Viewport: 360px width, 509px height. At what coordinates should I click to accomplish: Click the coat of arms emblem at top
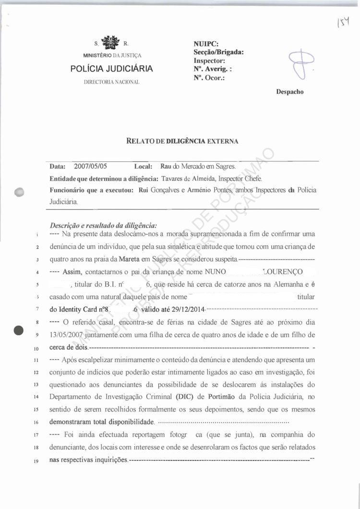[x=111, y=42]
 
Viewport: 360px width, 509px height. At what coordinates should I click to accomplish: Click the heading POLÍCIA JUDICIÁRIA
[x=111, y=69]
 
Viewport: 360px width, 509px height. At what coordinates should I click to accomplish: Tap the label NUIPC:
[x=205, y=45]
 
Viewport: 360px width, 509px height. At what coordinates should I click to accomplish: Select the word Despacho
[x=290, y=92]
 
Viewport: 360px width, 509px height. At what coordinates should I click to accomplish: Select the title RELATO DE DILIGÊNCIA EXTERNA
[x=181, y=141]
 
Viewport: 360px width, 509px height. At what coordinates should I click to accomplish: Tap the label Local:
[x=143, y=167]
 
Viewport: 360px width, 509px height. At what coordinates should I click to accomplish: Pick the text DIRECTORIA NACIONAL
[x=111, y=82]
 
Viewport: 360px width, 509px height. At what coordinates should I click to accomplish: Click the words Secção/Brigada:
[x=219, y=53]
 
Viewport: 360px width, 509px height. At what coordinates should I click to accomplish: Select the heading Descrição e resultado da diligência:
[x=103, y=226]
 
